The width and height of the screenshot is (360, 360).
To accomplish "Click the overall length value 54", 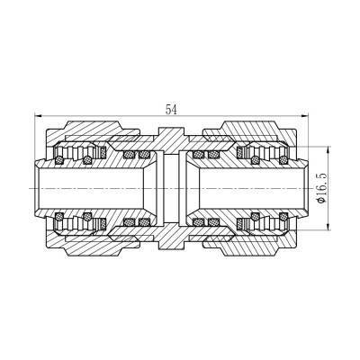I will click(171, 109).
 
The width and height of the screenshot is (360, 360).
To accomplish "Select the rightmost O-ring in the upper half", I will click(282, 161).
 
